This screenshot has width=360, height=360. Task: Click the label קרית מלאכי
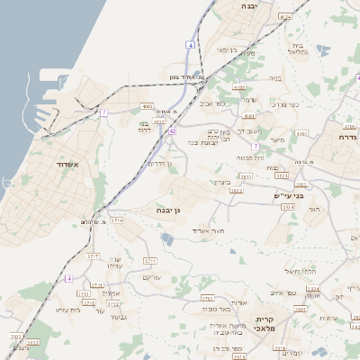coord(264,324)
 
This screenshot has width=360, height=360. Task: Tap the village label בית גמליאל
coord(300,49)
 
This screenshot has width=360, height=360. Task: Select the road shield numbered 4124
coord(285,16)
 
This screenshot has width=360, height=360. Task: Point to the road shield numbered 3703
coord(206,297)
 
